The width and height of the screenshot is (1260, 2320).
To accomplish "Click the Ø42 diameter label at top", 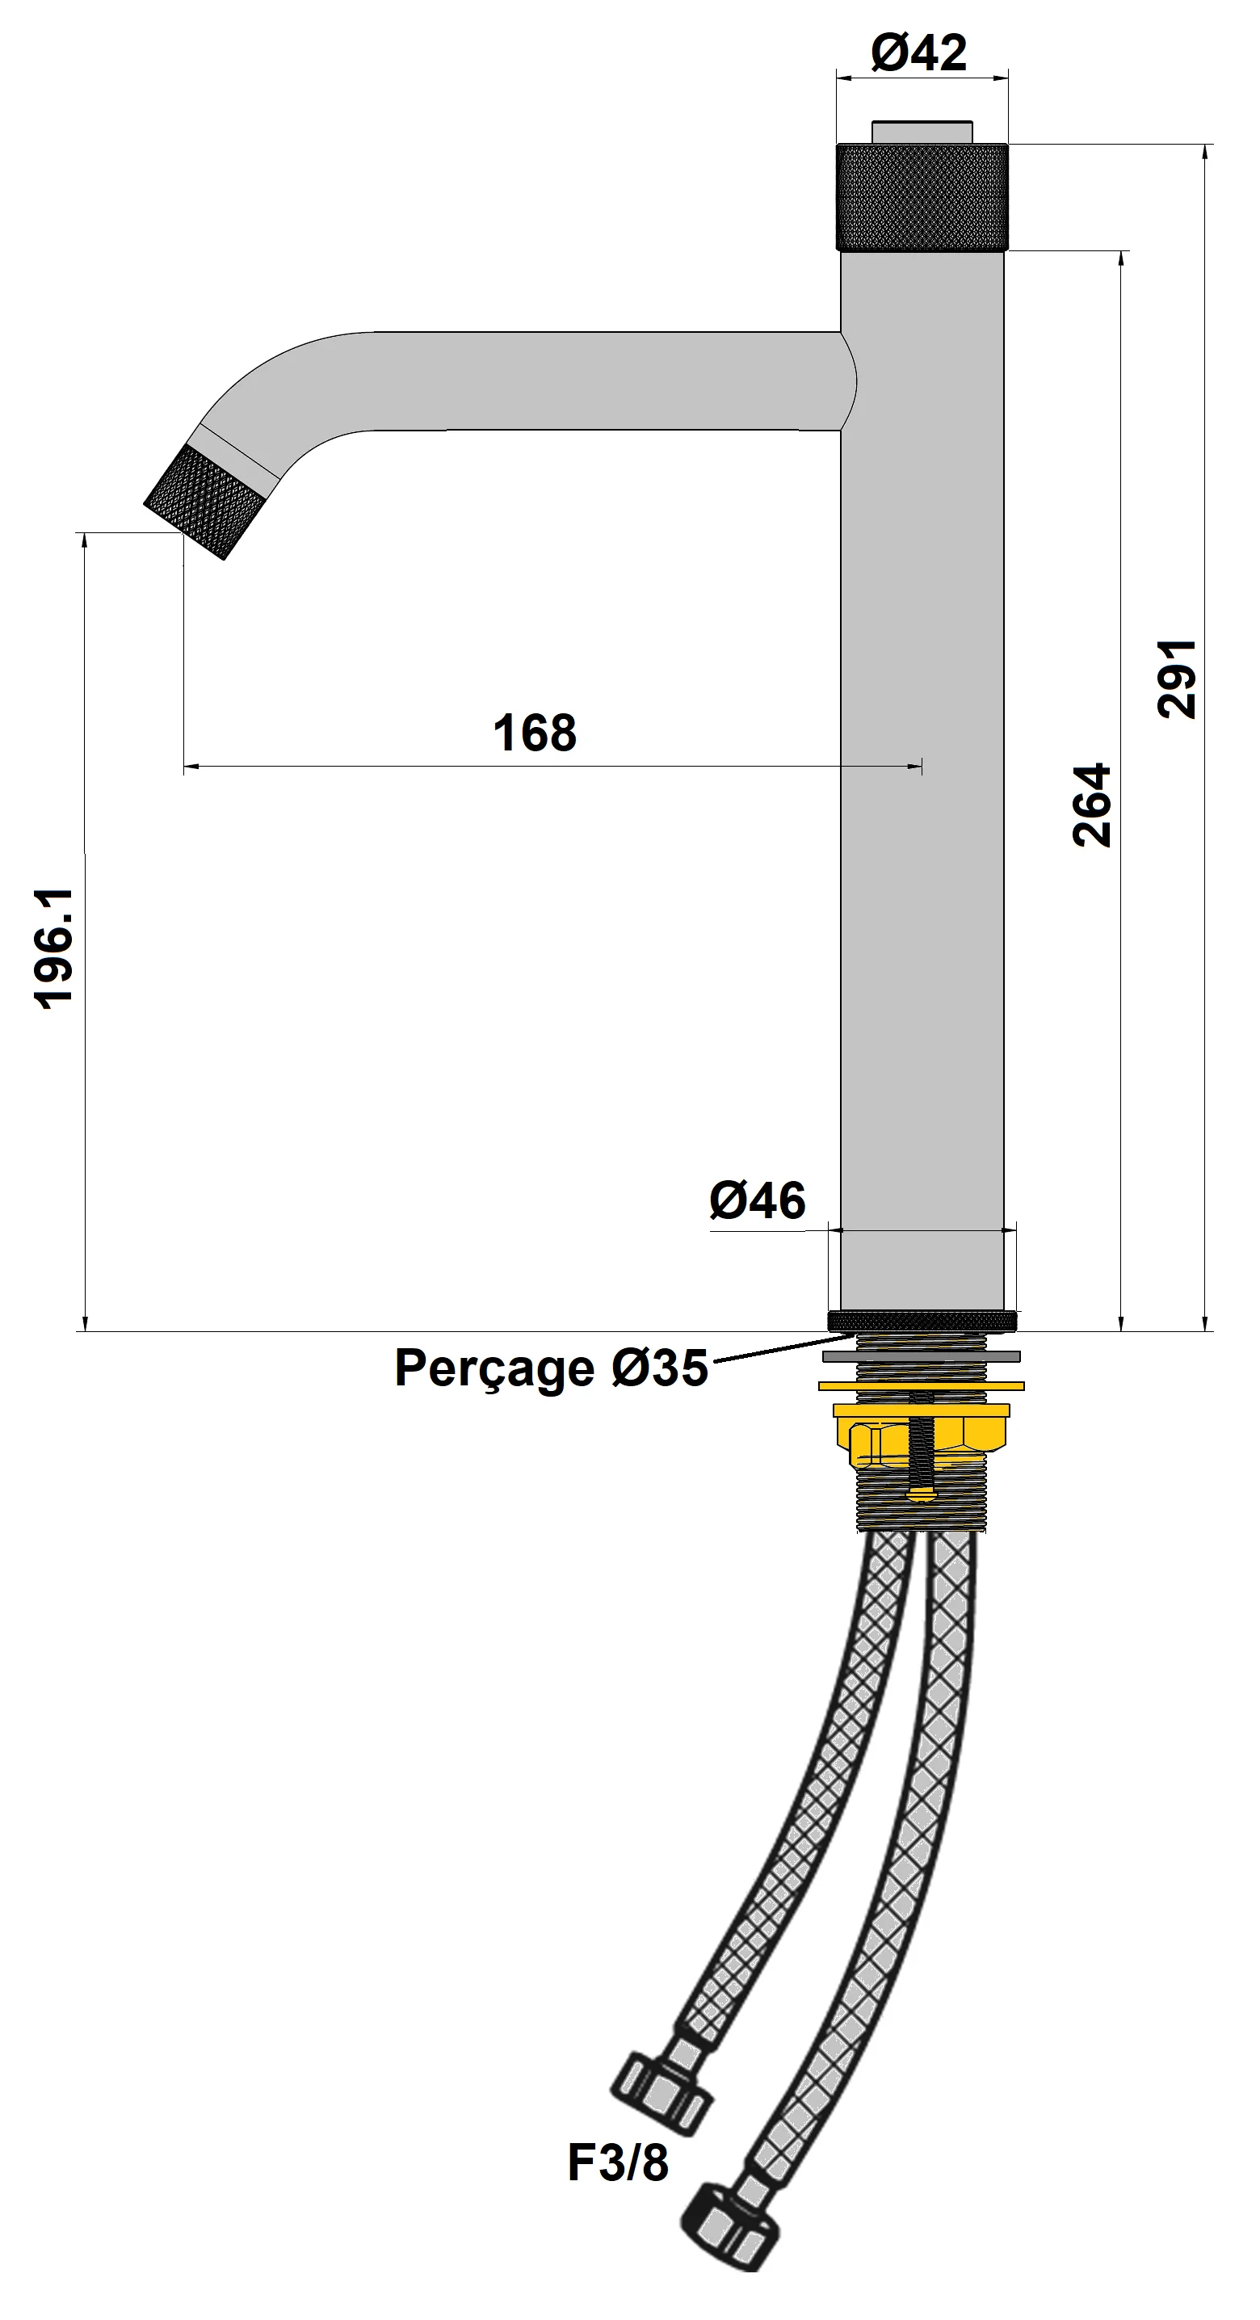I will (x=918, y=53).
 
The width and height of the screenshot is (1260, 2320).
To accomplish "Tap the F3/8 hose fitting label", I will (x=618, y=2162).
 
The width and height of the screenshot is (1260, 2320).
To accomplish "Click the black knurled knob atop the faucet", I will (x=922, y=196).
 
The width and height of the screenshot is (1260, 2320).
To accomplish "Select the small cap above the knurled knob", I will (x=922, y=131).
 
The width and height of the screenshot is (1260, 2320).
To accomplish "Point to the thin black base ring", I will (x=922, y=1322).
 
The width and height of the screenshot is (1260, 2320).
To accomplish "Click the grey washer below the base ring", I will (x=922, y=1356).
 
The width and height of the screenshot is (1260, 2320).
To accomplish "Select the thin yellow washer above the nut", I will (x=922, y=1385).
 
